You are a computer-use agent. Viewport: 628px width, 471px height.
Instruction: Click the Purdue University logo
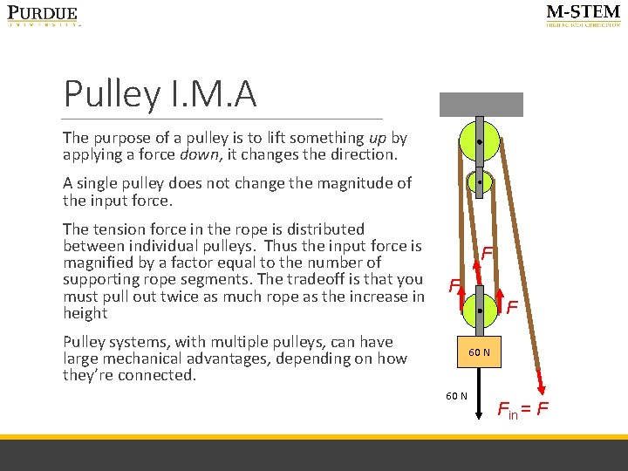pos(44,16)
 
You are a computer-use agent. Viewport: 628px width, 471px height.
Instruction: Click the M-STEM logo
pos(583,15)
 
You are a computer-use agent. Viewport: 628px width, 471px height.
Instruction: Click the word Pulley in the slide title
pos(111,94)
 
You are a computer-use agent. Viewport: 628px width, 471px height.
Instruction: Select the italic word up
pos(378,138)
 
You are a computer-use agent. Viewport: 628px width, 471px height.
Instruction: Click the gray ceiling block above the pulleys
pos(481,105)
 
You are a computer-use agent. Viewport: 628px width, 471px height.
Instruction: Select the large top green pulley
pos(480,140)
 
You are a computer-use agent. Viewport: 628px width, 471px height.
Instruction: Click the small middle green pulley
pos(480,183)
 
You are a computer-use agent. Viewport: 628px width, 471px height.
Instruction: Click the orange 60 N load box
pos(480,352)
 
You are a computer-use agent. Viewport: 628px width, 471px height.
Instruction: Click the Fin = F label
pos(522,408)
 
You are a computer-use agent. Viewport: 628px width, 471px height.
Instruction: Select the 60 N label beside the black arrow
pos(456,397)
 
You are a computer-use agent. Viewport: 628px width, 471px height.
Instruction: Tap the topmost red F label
pos(488,253)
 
